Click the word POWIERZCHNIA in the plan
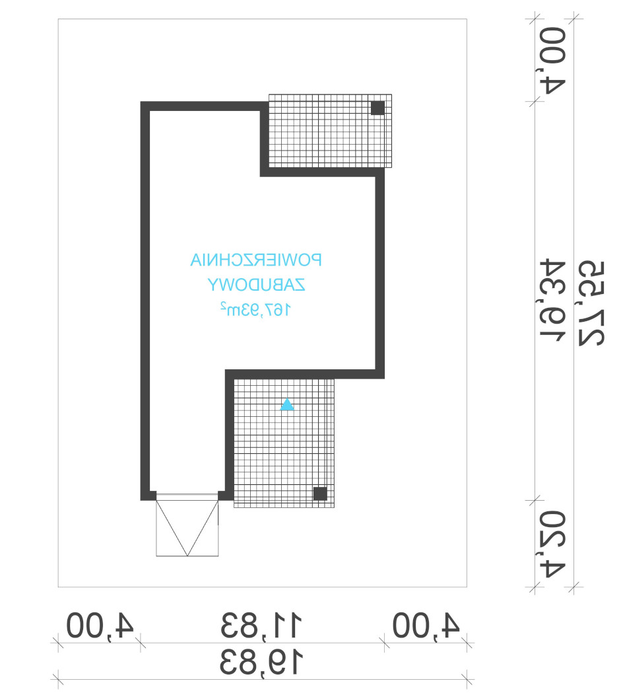[255, 260]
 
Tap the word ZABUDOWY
[256, 285]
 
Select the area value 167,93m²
[255, 309]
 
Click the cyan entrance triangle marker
[287, 404]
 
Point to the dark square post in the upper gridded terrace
[377, 108]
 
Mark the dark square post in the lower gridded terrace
[320, 493]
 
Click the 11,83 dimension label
[261, 625]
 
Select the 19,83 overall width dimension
[261, 662]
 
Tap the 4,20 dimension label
[552, 544]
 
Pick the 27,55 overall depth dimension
[591, 303]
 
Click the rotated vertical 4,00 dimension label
[552, 61]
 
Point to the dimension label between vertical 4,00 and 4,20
[552, 301]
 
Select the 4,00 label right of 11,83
[426, 625]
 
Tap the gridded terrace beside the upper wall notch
[330, 131]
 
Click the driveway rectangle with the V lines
[187, 525]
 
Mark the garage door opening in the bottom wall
[187, 497]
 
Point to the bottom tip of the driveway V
[187, 556]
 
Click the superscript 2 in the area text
[224, 305]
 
